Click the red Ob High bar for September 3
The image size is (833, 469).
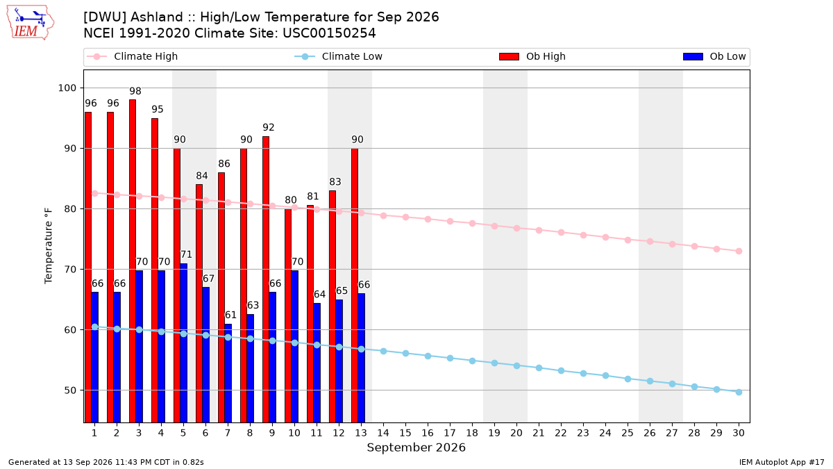click(133, 261)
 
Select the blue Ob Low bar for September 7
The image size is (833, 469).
click(228, 373)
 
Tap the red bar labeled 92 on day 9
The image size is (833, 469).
click(266, 279)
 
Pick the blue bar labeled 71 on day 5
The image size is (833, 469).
click(184, 343)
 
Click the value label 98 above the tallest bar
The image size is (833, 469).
click(135, 91)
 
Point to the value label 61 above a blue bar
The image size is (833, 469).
click(230, 315)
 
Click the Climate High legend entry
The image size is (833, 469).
click(132, 56)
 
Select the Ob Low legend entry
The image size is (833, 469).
click(714, 56)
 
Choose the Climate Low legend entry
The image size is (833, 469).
click(338, 56)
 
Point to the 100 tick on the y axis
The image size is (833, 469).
click(67, 88)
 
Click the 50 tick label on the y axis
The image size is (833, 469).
click(70, 390)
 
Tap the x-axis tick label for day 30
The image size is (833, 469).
click(739, 433)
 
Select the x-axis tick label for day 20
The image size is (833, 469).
click(516, 433)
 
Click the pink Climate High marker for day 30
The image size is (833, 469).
click(739, 252)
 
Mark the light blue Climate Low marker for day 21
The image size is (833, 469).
click(539, 368)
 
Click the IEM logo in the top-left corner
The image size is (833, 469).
click(30, 23)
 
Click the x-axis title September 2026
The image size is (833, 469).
click(416, 447)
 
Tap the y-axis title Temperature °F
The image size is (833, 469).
click(49, 246)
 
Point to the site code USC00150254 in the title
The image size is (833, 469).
click(329, 33)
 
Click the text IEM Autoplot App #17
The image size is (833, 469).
click(782, 462)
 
